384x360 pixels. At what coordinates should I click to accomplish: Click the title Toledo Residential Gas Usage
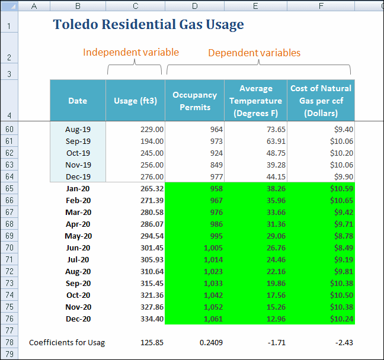(148, 25)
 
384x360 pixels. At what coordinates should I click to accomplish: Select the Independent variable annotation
(131, 52)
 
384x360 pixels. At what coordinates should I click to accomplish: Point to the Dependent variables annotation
(254, 53)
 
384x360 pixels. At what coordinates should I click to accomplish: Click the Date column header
(78, 101)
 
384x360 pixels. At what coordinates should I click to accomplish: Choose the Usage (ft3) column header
(135, 101)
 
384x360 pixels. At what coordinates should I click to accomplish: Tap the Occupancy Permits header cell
(191, 101)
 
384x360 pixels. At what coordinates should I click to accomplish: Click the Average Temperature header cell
(255, 101)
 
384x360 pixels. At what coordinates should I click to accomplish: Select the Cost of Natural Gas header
(321, 101)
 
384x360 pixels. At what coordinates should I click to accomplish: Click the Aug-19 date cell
(78, 129)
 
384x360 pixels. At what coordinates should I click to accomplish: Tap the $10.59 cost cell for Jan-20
(341, 188)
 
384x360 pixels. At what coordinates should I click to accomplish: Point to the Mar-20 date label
(78, 212)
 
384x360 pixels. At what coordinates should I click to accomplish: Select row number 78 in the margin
(9, 342)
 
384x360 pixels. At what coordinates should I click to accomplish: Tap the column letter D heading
(194, 6)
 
